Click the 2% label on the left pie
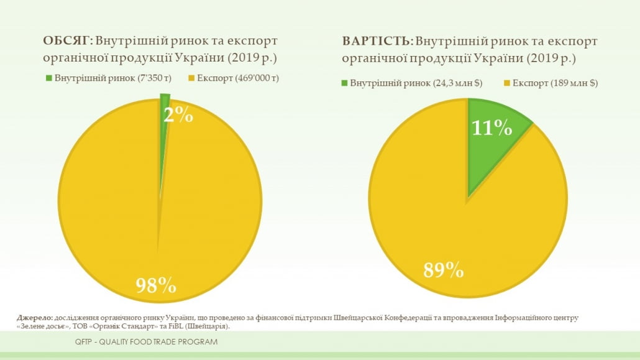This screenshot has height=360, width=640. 178,114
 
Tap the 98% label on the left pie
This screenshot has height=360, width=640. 156,285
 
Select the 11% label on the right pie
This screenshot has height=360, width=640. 491,128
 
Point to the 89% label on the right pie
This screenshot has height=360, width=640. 444,270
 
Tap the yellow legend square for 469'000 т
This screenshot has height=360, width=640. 192,78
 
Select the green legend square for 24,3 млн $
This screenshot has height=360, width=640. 344,83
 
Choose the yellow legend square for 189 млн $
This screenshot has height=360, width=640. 507,83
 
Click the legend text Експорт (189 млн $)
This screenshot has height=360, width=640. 555,83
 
